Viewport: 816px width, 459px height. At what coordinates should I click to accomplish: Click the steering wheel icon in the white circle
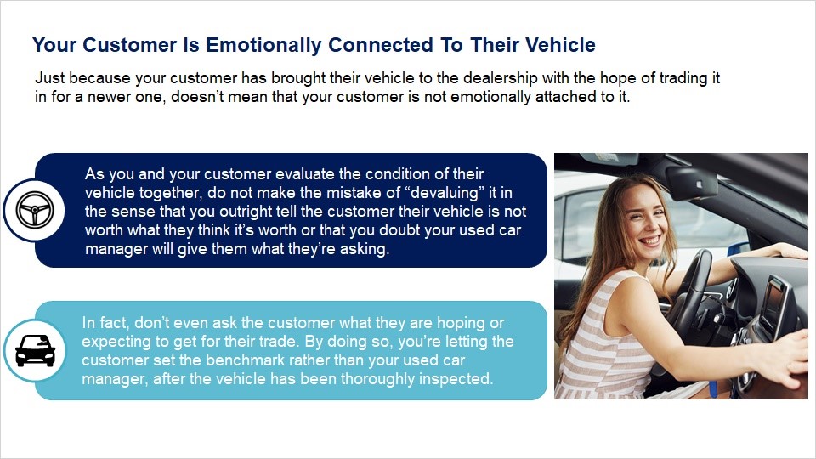click(x=35, y=210)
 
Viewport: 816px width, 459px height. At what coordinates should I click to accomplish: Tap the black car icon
click(x=36, y=351)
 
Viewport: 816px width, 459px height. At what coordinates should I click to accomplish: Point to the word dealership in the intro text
click(x=500, y=78)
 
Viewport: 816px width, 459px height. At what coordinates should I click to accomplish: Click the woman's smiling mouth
click(x=651, y=241)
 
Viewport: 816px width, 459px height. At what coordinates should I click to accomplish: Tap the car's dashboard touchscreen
click(x=773, y=302)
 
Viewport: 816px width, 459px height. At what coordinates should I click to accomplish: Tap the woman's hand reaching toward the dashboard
click(x=785, y=365)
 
